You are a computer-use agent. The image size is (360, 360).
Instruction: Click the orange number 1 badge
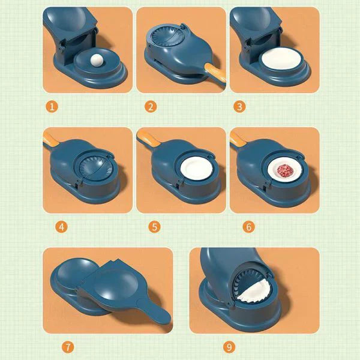(52, 107)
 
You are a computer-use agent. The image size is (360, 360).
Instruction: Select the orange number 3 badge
(241, 107)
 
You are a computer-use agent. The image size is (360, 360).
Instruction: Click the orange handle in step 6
(237, 140)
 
